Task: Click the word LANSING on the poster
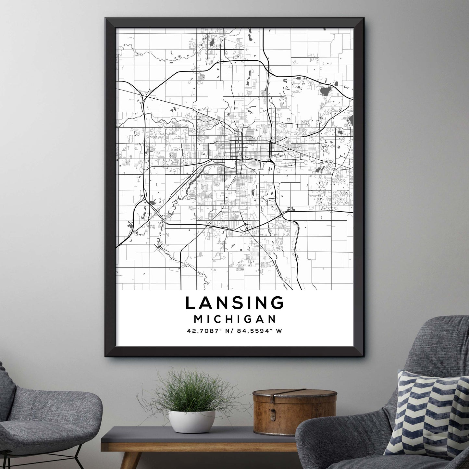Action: [x=235, y=303]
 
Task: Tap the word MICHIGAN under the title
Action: [x=235, y=319]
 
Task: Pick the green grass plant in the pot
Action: [x=191, y=393]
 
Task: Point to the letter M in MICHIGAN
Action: [x=198, y=319]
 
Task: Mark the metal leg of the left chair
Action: [x=79, y=454]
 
